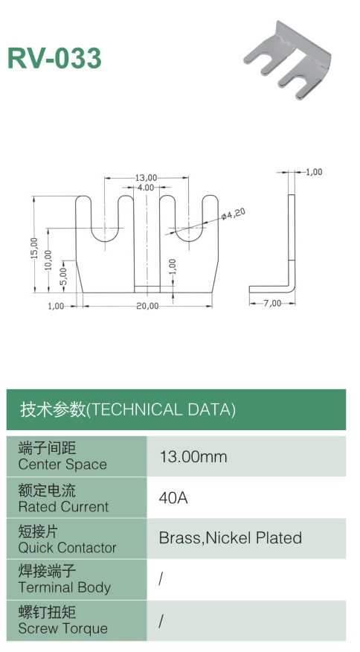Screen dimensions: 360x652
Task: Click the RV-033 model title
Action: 54,58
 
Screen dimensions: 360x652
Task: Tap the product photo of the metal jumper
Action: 288,61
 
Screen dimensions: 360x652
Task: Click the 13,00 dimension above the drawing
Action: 146,178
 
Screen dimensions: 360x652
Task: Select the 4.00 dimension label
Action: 146,188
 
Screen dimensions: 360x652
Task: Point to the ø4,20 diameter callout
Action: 234,214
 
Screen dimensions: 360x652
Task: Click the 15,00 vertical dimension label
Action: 34,249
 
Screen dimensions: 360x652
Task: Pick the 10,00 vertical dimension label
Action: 48,261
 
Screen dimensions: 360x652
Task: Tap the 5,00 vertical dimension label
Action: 62,276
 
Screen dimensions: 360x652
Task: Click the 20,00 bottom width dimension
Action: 147,306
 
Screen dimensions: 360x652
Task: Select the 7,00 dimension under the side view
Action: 272,303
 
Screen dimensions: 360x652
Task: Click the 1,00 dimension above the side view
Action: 314,172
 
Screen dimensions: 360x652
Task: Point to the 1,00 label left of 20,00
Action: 56,306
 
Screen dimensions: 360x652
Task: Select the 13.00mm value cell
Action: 193,456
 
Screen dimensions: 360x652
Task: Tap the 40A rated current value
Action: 173,497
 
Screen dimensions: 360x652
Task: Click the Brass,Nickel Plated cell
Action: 231,537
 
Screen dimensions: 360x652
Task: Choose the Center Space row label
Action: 62,464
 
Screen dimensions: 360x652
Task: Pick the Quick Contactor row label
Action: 67,547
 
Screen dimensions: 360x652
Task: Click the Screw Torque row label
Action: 62,628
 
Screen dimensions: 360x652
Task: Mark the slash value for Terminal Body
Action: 161,579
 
